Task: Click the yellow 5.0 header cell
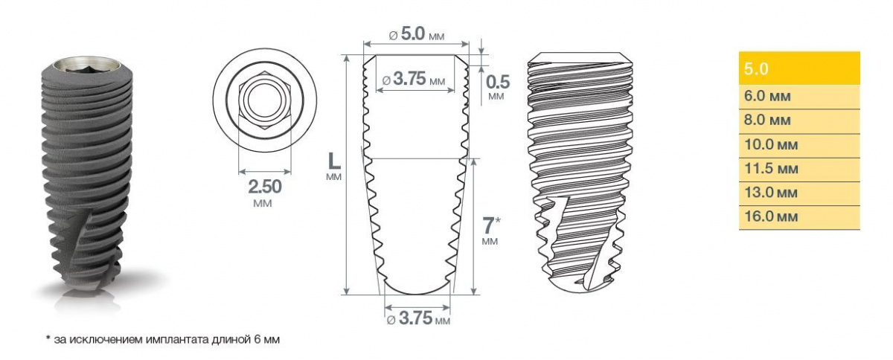(799, 68)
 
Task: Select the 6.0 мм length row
(799, 97)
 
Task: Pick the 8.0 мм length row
(799, 121)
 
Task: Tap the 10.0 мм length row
(799, 146)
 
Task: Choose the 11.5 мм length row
(799, 170)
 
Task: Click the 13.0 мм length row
(799, 193)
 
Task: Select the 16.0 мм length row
(799, 218)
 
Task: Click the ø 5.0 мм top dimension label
(417, 34)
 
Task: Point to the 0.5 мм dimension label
(498, 86)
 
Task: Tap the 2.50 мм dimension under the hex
(265, 193)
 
